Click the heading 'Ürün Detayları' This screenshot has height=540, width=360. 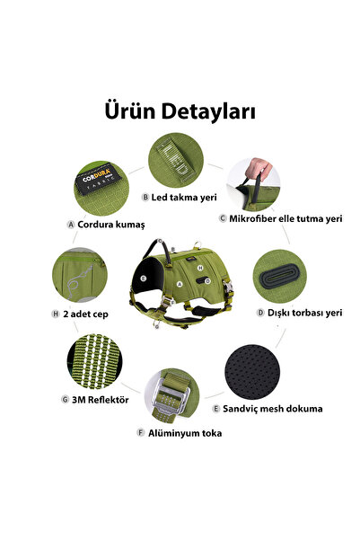(x=180, y=112)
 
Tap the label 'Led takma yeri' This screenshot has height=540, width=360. (x=185, y=197)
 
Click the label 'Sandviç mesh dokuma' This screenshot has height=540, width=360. (x=267, y=409)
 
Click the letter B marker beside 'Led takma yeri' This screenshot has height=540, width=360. (x=145, y=197)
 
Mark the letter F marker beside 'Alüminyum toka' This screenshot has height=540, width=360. (x=140, y=432)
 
